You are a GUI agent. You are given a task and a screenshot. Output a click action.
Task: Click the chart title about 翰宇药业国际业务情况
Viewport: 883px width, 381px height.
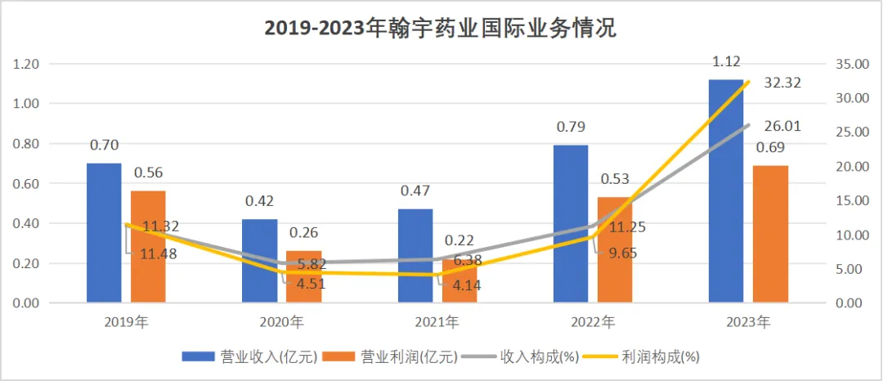pos(441,29)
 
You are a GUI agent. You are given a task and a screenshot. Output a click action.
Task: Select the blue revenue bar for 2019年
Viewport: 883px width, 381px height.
pos(104,233)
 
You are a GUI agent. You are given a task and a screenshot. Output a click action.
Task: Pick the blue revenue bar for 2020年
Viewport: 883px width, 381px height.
pos(260,262)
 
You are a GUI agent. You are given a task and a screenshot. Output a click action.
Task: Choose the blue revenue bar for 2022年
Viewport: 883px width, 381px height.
pos(570,225)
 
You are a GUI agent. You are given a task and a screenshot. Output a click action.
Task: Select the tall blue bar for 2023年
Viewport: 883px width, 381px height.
pos(726,192)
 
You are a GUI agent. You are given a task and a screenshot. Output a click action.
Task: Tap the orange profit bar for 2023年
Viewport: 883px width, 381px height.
pos(770,234)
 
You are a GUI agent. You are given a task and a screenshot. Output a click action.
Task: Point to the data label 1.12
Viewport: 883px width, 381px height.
pos(727,62)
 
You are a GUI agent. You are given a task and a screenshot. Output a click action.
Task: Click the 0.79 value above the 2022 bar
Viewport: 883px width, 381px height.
pos(570,128)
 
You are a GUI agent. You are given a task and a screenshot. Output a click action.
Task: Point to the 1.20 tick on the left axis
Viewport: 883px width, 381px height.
pos(27,64)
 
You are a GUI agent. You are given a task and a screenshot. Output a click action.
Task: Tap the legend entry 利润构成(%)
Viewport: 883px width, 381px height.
pos(649,356)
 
